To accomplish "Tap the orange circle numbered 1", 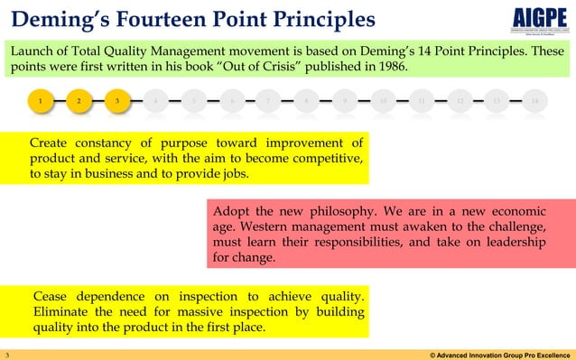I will coord(40,102).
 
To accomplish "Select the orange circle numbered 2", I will coord(79,102).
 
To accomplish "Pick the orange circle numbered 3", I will coord(117,102).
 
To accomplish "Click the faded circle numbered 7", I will coord(269,102).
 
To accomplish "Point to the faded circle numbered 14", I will coord(535,102).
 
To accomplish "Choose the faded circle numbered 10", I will coord(384,102).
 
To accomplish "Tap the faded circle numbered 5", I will coord(194,102).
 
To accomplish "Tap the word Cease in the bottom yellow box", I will coord(55,296).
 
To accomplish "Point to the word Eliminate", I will coord(66,312).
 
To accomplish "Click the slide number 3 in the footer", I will coord(6,354).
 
